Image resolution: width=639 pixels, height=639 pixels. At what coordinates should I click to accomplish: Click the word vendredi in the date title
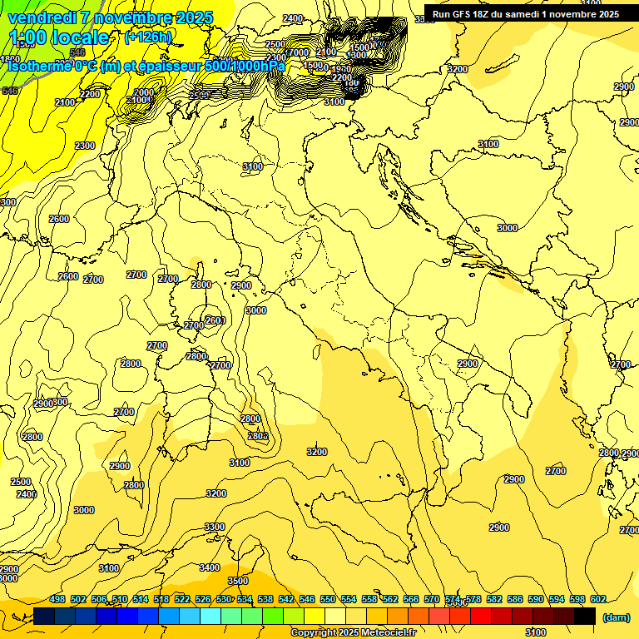41,17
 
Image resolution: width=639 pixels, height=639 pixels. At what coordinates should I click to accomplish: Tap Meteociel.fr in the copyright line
389,633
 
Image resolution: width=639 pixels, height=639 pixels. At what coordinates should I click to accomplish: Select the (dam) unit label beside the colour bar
616,617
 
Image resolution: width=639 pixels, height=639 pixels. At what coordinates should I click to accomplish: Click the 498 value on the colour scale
57,599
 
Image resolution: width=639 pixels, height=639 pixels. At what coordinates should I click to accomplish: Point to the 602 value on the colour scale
598,599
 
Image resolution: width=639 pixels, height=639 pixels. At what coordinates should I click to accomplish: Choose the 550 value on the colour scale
328,599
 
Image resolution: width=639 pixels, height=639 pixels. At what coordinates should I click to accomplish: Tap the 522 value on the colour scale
182,599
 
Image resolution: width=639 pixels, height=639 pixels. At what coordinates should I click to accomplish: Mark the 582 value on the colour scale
494,599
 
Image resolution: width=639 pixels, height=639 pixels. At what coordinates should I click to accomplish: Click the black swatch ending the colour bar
585,617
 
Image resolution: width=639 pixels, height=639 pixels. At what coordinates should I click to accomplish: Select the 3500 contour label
238,581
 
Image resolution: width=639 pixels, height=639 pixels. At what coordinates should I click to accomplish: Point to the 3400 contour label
210,567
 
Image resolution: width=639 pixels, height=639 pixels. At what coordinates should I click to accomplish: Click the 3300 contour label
215,527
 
